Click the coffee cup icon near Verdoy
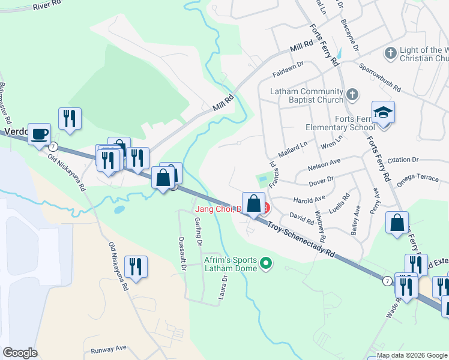[39, 134]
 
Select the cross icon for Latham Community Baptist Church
[352, 94]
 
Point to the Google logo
[20, 353]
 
